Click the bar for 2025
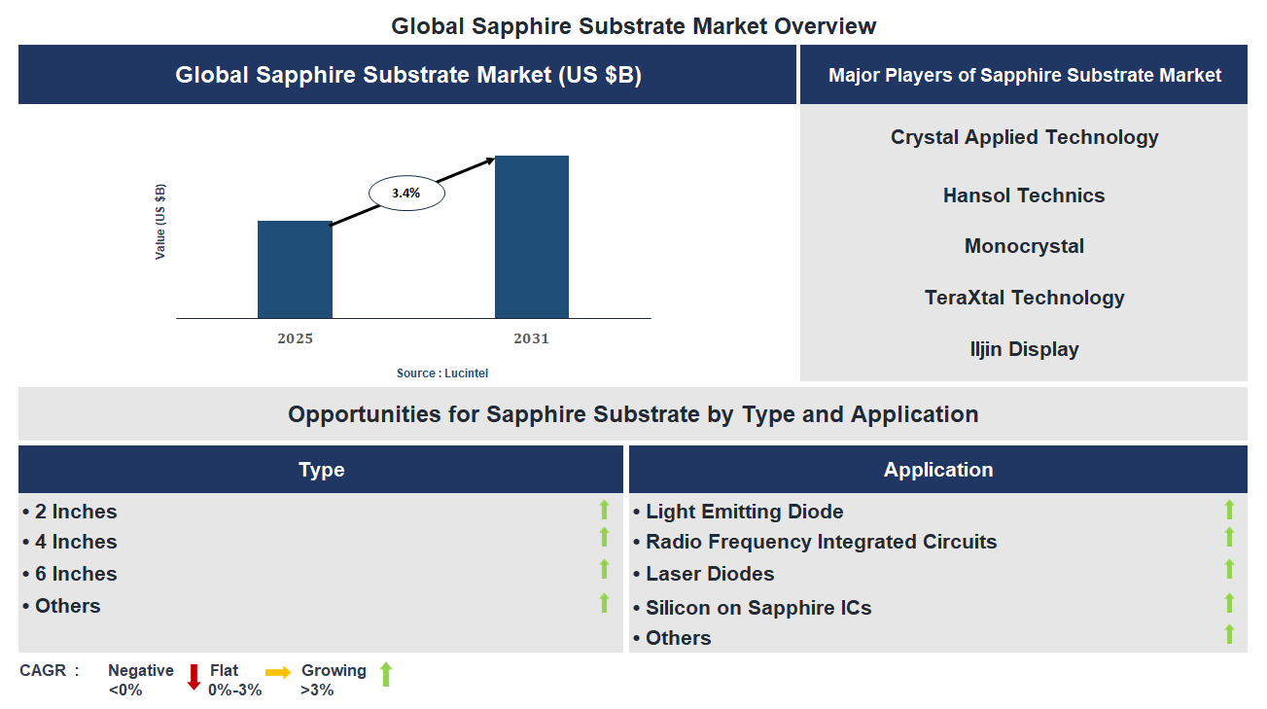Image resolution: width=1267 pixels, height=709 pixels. click(295, 269)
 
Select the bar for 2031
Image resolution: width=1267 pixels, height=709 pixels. click(531, 236)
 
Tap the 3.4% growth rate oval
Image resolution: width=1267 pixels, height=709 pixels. click(406, 194)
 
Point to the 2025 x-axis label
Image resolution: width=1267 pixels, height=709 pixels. click(295, 338)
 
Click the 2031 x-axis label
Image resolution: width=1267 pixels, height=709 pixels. click(531, 338)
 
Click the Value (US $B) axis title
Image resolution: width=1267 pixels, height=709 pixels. click(160, 221)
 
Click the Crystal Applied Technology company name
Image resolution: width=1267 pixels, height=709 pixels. click(1024, 137)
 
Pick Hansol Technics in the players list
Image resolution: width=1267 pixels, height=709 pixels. click(1024, 195)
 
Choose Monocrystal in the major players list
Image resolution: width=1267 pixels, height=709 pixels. click(1024, 246)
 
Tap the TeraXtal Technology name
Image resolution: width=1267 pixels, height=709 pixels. click(1024, 298)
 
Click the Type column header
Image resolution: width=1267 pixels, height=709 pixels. click(321, 470)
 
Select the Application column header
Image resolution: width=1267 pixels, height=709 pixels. click(937, 470)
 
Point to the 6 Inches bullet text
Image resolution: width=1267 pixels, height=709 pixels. click(76, 574)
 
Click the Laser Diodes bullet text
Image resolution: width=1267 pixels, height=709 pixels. click(710, 574)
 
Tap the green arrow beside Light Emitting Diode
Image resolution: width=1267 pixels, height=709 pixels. click(1229, 509)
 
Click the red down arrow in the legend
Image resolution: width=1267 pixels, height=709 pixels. click(194, 676)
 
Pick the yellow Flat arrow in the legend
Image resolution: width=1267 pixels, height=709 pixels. click(278, 672)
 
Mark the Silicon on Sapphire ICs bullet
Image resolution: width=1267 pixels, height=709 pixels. click(758, 608)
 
